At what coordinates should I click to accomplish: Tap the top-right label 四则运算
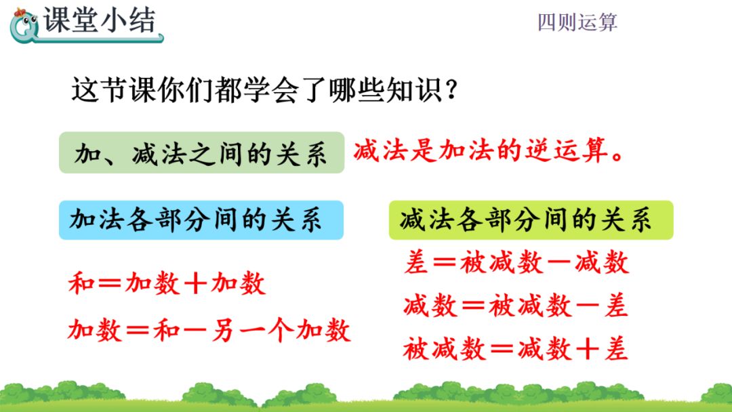577,22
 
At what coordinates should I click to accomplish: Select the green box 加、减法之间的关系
201,152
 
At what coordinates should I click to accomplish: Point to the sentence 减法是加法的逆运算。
488,150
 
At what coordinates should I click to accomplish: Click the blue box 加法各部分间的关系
201,220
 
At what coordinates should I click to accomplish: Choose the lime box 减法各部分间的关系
530,220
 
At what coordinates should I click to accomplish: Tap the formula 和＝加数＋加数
167,283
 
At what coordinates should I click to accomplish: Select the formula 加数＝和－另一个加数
209,330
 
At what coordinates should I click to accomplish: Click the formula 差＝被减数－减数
516,262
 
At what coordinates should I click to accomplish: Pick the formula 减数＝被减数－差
515,306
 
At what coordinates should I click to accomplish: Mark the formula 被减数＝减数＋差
515,349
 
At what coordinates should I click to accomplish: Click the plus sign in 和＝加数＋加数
195,283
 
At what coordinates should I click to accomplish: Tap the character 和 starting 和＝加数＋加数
81,283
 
